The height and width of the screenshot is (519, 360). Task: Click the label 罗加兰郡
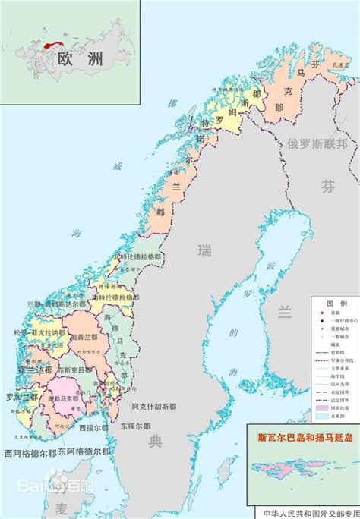22,397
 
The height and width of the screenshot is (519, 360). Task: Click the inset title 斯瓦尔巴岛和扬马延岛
305,437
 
